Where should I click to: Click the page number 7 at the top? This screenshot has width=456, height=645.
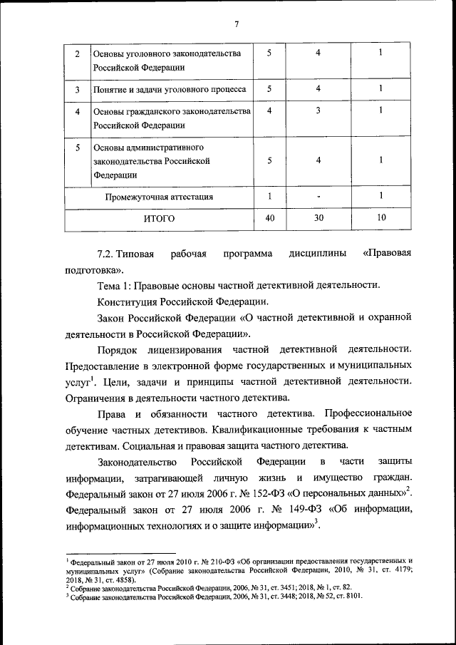[x=235, y=24]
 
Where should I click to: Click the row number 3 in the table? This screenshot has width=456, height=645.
[x=77, y=90]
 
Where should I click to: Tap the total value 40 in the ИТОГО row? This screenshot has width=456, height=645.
[x=269, y=218]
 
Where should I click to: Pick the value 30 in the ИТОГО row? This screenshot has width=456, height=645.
[x=318, y=218]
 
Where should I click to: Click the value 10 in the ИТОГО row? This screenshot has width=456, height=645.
[x=382, y=218]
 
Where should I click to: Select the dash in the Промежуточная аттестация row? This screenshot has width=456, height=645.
[x=318, y=197]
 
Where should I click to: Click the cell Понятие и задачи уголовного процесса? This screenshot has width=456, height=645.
[x=170, y=90]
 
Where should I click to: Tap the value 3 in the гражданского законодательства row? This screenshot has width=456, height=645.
[x=318, y=111]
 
